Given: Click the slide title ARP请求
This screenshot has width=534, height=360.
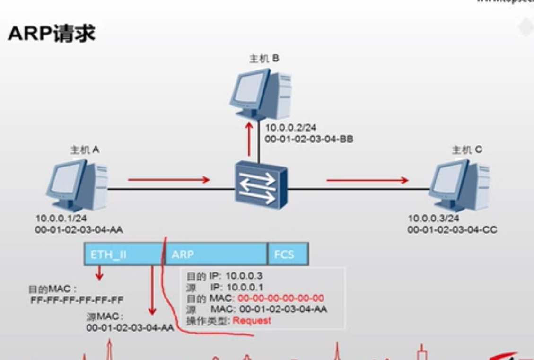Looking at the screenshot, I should coord(52,34).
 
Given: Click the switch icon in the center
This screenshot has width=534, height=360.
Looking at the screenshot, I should coord(258,184).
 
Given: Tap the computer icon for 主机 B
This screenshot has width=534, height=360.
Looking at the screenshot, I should coord(261,95).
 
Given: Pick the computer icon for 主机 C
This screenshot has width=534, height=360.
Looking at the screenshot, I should coord(458,184).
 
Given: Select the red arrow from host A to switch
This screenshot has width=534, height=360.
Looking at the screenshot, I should coord(168,180).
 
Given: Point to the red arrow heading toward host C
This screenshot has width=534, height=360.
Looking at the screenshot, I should coord(367,180).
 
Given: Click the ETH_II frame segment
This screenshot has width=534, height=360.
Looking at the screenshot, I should coord(123,255).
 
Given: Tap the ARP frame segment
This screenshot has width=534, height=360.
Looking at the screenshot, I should coord(215,255).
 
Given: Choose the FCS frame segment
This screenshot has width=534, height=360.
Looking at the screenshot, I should coord(288,255).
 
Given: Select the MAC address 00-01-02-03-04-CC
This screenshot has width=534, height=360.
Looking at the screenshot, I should coord(452,229).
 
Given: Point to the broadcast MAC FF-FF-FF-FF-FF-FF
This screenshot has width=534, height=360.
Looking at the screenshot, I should coord(77,300).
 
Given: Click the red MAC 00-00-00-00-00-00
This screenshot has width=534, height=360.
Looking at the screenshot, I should coord(280,298).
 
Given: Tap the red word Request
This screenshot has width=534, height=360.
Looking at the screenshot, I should coord(252,320).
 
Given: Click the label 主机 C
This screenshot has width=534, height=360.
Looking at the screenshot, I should coord(467,150).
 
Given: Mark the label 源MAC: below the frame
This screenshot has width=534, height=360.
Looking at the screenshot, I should coord(105,316).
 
